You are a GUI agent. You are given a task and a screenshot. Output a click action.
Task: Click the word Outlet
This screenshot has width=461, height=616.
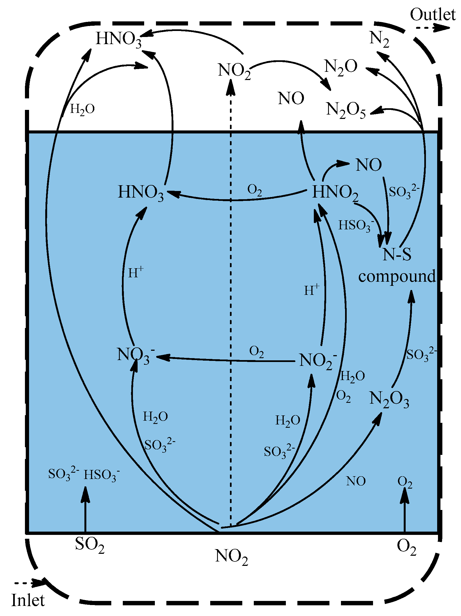click(x=432, y=15)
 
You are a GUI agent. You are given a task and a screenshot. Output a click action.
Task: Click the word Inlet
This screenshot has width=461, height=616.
click(x=28, y=600)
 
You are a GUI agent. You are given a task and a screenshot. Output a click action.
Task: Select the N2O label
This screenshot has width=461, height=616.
click(x=341, y=67)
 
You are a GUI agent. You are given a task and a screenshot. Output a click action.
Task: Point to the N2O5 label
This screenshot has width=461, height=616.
click(x=345, y=110)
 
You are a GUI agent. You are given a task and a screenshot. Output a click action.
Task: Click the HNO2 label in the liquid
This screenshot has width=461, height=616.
click(x=335, y=193)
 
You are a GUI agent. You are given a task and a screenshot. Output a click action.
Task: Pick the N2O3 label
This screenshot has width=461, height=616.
click(x=389, y=399)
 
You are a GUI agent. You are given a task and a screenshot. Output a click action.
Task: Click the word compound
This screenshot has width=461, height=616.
click(x=397, y=276)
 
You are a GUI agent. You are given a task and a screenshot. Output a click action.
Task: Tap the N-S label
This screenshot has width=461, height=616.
click(x=397, y=255)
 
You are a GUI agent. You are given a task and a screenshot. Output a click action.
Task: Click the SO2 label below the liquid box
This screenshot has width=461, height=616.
click(x=90, y=545)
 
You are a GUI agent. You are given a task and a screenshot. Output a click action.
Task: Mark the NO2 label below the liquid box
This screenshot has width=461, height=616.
click(x=231, y=557)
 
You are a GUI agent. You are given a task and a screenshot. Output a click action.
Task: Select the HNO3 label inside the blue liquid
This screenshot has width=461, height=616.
click(x=141, y=193)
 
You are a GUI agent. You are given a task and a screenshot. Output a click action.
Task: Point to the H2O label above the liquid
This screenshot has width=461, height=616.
click(x=82, y=109)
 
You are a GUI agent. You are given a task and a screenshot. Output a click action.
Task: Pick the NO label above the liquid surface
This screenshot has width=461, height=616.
click(x=291, y=99)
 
